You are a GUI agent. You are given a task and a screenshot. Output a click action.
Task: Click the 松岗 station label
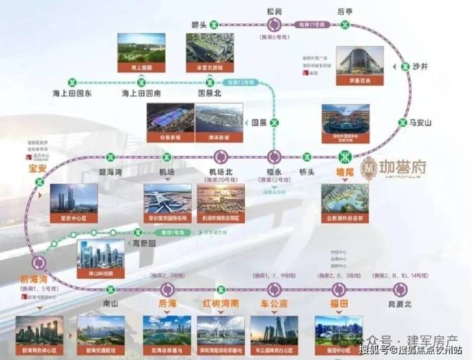(x=275, y=11)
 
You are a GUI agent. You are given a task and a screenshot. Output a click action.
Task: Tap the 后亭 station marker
(x=345, y=25)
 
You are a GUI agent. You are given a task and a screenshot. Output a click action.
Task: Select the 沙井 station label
(x=419, y=66)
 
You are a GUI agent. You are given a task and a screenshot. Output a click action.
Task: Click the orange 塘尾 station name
(x=345, y=171)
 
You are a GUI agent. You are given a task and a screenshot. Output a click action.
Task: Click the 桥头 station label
(x=307, y=171)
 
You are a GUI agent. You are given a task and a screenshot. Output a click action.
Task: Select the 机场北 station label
(x=221, y=171)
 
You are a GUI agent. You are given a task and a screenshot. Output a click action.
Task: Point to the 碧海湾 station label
(x=111, y=171)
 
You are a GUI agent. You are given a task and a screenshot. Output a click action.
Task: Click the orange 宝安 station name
(x=39, y=169)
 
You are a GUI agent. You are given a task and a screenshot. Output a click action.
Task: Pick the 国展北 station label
(x=209, y=93)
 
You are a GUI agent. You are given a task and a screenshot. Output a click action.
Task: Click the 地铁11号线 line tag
(x=311, y=24)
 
